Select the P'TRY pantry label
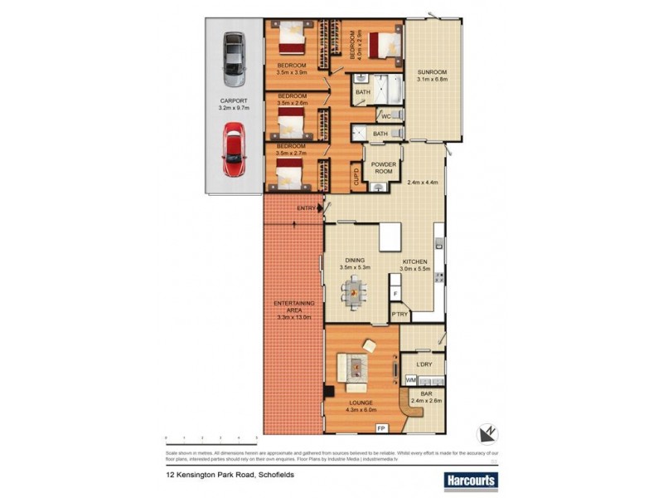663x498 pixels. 399,315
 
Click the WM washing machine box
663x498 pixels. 410,379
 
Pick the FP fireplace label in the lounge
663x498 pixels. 381,427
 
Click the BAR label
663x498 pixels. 427,394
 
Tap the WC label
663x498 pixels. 385,115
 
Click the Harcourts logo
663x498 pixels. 470,480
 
